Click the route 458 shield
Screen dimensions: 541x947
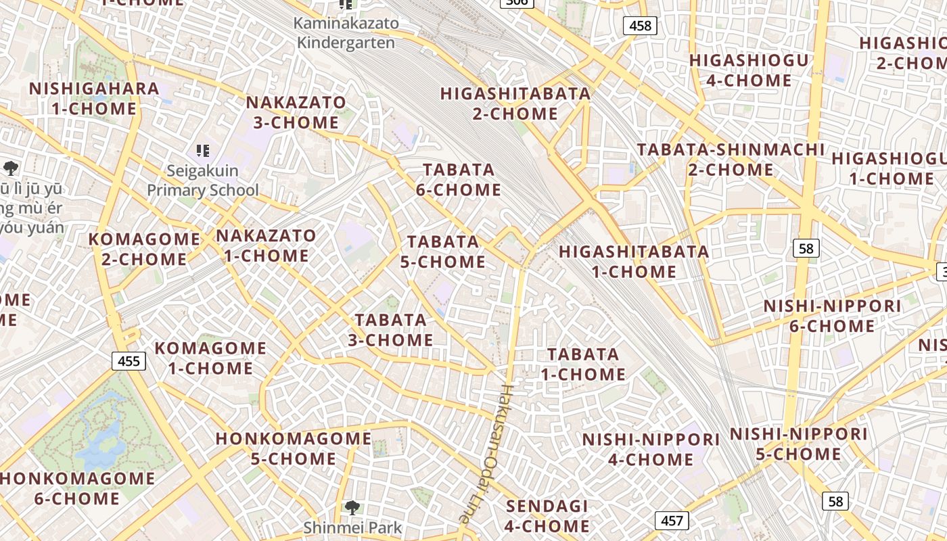tap(639, 26)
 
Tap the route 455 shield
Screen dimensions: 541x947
tap(129, 360)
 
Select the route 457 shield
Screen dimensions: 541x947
tap(671, 520)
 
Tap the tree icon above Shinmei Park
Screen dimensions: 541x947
tap(351, 507)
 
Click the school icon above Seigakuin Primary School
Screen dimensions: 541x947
tap(202, 150)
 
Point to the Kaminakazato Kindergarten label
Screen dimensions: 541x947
tap(346, 32)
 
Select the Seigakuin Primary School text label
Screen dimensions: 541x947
tap(202, 181)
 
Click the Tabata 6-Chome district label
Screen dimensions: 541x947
tap(458, 180)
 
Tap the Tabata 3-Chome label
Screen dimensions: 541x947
tap(390, 330)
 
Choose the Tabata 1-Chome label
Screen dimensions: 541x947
tap(582, 364)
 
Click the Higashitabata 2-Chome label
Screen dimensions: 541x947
tap(515, 103)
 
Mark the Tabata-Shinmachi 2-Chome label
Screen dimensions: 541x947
tap(731, 159)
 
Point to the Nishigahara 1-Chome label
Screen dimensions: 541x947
tap(93, 98)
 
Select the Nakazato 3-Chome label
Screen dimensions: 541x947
tap(296, 112)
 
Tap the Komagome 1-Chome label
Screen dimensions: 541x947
tap(210, 358)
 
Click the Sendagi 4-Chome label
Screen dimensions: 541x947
tap(547, 516)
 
